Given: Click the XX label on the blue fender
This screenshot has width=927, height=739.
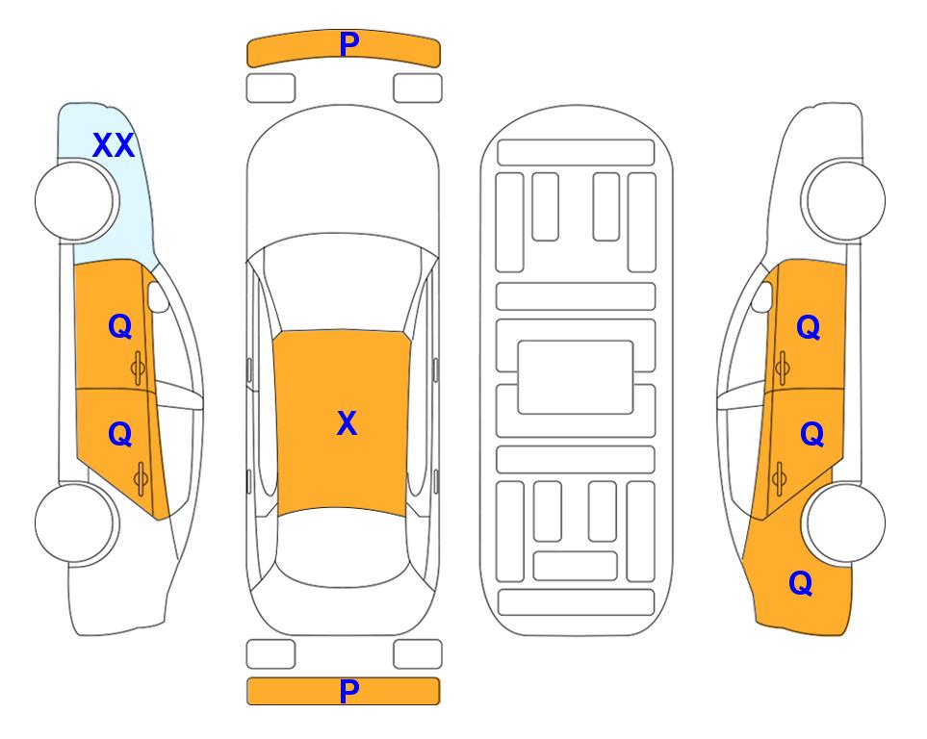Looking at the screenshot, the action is click(114, 145).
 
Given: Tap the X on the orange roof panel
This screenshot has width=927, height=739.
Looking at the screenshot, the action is click(348, 423).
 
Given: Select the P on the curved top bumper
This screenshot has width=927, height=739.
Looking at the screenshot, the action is click(349, 44).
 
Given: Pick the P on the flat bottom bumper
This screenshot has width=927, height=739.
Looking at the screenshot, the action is click(349, 691).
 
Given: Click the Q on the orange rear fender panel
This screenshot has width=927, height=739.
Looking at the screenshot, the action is click(801, 583).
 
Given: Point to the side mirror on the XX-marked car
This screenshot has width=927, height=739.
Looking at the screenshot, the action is click(158, 296).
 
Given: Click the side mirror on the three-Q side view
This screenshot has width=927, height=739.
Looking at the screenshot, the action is click(762, 296).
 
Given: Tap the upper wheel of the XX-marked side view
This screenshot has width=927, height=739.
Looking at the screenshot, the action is click(74, 201).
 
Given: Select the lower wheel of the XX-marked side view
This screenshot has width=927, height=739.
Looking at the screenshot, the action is click(74, 522).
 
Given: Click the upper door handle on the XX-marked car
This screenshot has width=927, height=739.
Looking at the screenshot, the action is click(139, 368).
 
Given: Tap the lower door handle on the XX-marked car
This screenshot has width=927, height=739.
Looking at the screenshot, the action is click(141, 478).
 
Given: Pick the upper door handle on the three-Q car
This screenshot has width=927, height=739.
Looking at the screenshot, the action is click(783, 368).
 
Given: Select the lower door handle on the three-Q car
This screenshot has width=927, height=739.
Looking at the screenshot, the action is click(780, 478).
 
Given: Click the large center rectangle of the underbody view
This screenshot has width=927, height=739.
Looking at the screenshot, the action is click(576, 377).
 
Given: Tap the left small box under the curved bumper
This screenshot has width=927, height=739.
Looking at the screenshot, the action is click(270, 89).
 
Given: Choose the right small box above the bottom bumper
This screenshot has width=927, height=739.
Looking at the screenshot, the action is click(418, 654).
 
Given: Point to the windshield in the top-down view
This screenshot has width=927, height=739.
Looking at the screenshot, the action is click(343, 283).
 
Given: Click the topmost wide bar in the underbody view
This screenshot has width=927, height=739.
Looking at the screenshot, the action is click(576, 153).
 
